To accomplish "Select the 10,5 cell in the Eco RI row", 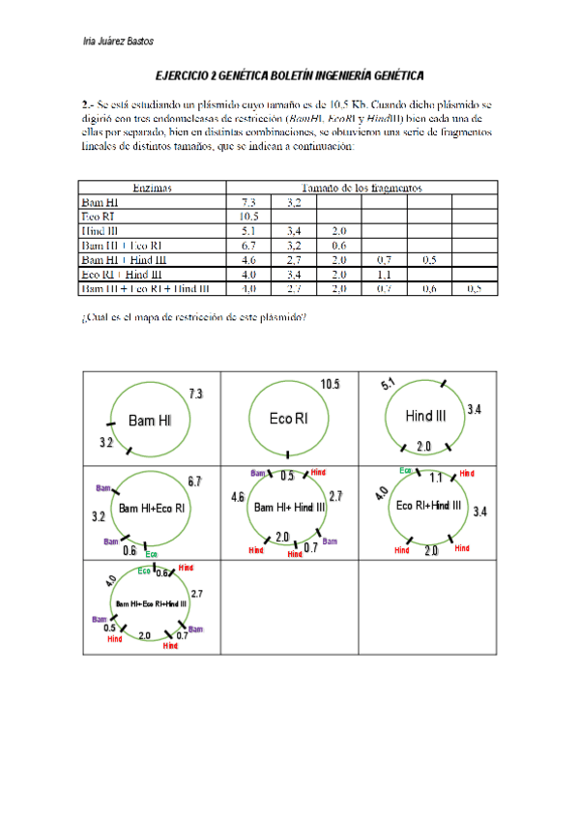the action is (248, 218).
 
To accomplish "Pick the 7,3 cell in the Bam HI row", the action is (248, 203).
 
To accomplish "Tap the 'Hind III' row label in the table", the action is (101, 232).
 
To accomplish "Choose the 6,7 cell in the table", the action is (248, 246).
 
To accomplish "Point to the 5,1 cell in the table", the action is (248, 232).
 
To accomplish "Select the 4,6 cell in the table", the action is (248, 260).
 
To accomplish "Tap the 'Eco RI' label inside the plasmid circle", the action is (288, 419).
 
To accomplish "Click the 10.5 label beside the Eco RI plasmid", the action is (331, 385).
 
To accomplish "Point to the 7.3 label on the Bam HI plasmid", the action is (195, 394).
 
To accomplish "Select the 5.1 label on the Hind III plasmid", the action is (389, 385).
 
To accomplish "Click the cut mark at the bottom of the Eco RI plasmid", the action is (287, 454).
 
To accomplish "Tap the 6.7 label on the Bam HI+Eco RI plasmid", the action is (194, 482).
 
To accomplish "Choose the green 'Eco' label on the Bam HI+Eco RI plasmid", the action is (151, 554).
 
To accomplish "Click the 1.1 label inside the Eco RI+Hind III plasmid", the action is (435, 477).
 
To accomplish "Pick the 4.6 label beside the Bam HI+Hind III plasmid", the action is (238, 497).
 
